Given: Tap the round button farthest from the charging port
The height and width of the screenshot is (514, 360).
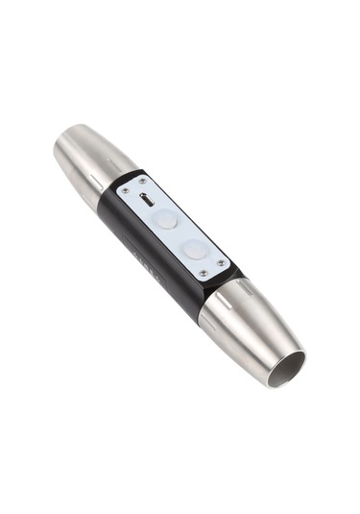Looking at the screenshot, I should click(196, 249).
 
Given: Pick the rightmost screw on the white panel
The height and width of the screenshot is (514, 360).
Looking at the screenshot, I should click(223, 262).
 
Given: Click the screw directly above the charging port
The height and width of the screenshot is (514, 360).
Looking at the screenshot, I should click(143, 180).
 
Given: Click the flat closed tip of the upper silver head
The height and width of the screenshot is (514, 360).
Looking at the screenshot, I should click(59, 150).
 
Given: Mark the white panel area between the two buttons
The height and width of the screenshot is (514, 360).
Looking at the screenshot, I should click(180, 234).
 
